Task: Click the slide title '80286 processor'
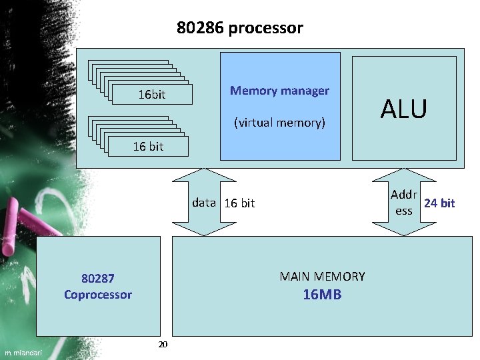point(239,28)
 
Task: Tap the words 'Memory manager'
point(279,90)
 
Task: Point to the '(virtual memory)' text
point(279,123)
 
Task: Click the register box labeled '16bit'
point(151,95)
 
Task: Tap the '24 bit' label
point(439,203)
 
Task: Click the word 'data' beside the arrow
point(204,202)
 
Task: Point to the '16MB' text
point(322,294)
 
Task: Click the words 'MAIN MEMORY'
point(322,276)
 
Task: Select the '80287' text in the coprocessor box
point(98,278)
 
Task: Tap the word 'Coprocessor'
point(98,294)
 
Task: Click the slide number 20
point(163,344)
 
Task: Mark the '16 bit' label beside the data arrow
point(239,203)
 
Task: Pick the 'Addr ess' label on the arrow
point(404,203)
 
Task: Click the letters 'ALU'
point(404,109)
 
